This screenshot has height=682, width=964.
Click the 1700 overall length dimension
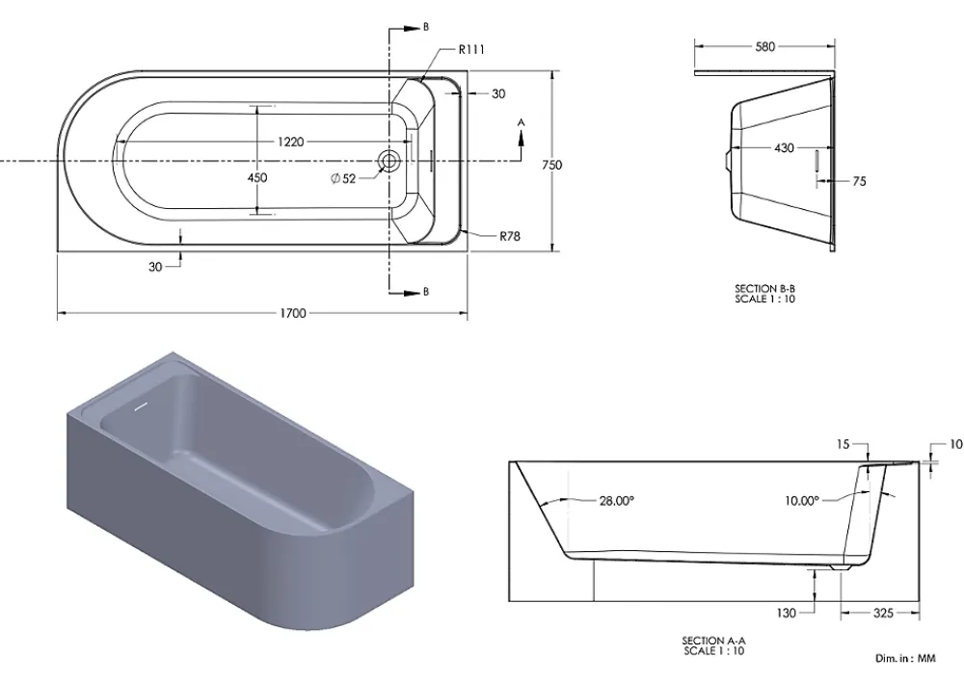point(293,313)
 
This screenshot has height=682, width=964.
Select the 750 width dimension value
point(551,165)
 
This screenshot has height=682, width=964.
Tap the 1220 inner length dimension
point(290,142)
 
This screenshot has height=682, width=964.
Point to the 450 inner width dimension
point(257,177)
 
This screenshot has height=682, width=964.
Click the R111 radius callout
point(471,50)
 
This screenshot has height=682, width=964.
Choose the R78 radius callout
point(510,236)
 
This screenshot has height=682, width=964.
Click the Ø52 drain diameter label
point(343,179)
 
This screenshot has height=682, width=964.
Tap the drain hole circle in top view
point(388,161)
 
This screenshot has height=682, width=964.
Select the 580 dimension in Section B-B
point(764,46)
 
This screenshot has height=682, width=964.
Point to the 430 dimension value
point(784,148)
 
